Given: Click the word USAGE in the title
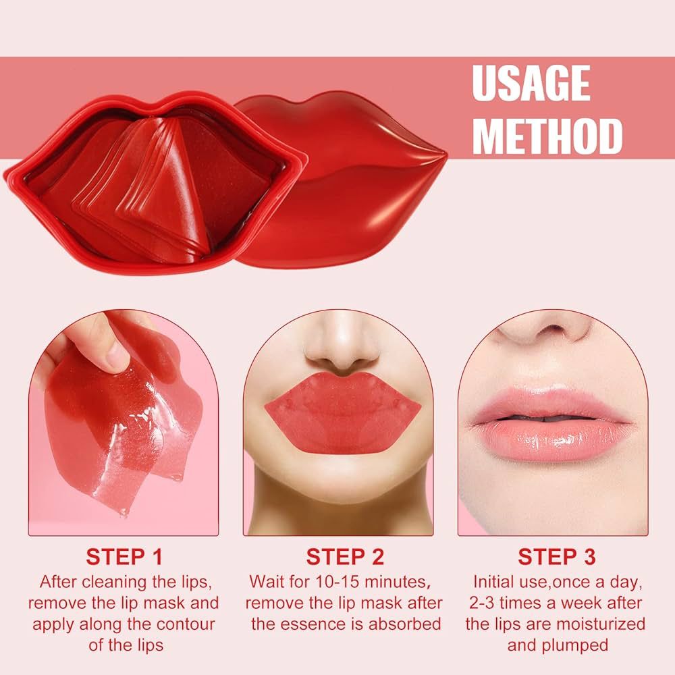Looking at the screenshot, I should [531, 84].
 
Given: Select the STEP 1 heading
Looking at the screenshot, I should [124, 557].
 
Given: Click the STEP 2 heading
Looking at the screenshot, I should [345, 557].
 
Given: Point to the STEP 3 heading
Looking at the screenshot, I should [557, 557].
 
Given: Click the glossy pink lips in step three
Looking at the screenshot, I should [553, 422].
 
